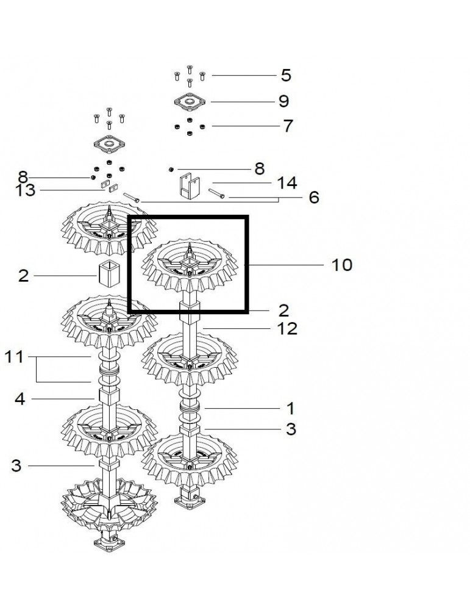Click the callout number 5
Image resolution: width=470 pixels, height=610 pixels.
(286, 76)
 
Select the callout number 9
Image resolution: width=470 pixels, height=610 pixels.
(284, 101)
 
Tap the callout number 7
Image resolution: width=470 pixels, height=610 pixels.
(288, 126)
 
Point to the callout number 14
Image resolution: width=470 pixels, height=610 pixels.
(287, 183)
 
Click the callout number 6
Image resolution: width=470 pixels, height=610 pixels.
(314, 198)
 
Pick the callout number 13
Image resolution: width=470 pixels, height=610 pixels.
(25, 190)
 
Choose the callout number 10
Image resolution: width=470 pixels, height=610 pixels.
(342, 265)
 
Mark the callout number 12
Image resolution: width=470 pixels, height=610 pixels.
(287, 329)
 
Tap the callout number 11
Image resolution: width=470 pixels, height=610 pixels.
(14, 357)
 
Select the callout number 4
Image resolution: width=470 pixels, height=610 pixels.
(20, 399)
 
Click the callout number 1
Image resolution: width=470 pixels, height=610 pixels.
(290, 409)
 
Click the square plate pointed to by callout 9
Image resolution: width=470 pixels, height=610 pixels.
(190, 102)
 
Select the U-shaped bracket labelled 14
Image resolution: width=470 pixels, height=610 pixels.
(190, 186)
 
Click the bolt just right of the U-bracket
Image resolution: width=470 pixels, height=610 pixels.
(216, 193)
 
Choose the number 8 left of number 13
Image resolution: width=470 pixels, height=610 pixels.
(23, 177)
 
